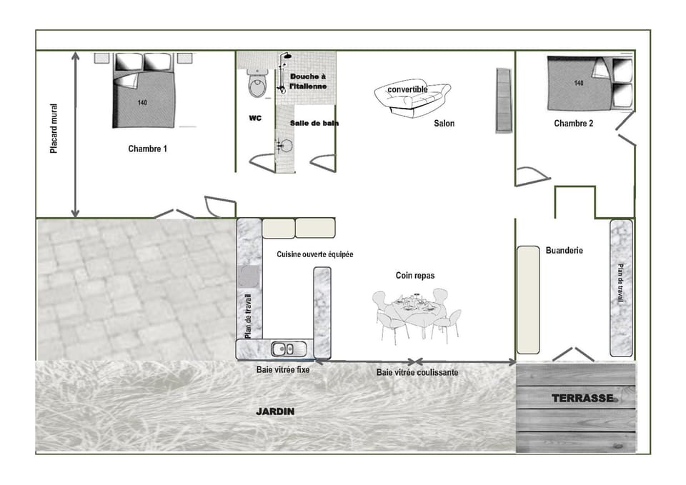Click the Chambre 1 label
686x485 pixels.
pos(147,149)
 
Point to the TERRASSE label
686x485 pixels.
pos(582,399)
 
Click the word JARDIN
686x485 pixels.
pos(275,412)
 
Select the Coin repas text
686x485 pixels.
pos(415,275)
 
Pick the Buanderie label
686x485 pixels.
pos(564,251)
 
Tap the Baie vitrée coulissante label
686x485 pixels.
pos(417,373)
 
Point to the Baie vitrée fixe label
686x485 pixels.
pos(283,370)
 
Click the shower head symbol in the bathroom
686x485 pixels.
pos(287,56)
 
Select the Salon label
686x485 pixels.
pos(444,123)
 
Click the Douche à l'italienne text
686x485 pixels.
pos(308,81)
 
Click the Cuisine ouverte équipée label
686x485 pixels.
pos(315,254)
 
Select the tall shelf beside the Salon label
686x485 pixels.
pos(503,100)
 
